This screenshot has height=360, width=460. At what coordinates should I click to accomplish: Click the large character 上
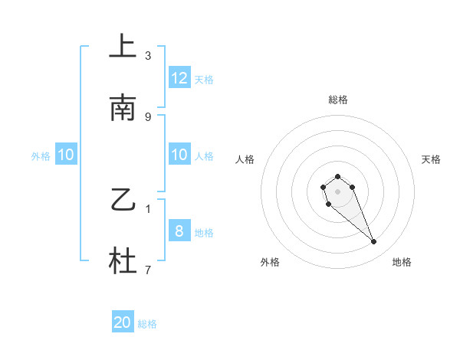(x=123, y=47)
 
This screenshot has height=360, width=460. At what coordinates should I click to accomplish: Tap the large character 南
(x=123, y=109)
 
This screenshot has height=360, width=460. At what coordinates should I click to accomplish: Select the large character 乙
(x=123, y=201)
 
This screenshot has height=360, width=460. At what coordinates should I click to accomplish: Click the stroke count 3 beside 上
(x=148, y=56)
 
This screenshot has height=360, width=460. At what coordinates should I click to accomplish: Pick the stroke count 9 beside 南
(x=148, y=116)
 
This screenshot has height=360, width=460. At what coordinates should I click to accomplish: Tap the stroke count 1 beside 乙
(x=148, y=208)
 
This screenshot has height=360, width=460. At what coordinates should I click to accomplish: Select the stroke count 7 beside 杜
(x=148, y=270)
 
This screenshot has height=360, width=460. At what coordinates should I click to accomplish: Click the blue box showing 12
(x=179, y=78)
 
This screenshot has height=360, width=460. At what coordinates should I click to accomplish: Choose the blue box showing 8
(x=179, y=231)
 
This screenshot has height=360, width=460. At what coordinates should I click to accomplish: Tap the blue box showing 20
(x=123, y=322)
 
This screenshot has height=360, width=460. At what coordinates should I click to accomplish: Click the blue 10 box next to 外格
(x=66, y=155)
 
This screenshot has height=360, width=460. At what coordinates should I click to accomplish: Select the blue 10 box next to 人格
(x=179, y=155)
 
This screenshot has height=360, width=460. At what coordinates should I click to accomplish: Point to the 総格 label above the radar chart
(x=338, y=100)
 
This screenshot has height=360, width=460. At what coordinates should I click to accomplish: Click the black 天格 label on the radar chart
(x=432, y=159)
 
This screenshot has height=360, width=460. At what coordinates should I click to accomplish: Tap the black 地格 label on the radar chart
(x=402, y=262)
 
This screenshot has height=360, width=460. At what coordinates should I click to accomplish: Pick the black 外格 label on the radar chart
(x=270, y=262)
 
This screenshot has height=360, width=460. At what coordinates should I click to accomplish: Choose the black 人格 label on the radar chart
(x=245, y=159)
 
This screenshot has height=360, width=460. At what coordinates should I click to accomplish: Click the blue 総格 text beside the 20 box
(x=147, y=324)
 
